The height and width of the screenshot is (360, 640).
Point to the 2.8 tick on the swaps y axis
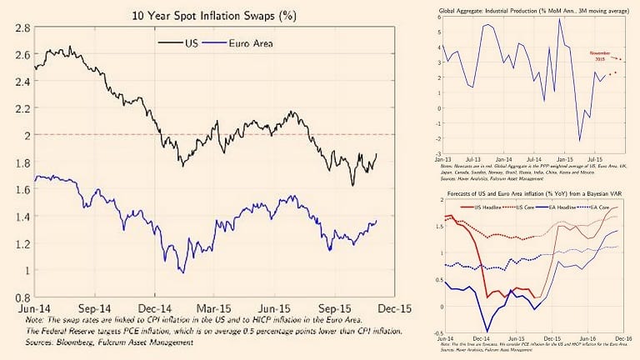(x=21, y=28)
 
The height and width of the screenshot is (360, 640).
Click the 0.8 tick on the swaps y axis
(x=21, y=297)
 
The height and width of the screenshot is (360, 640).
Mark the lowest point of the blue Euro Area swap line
(x=182, y=272)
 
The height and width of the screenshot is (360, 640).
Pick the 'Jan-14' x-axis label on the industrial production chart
(x=503, y=157)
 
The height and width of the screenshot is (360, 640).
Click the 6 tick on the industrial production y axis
(x=439, y=17)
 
